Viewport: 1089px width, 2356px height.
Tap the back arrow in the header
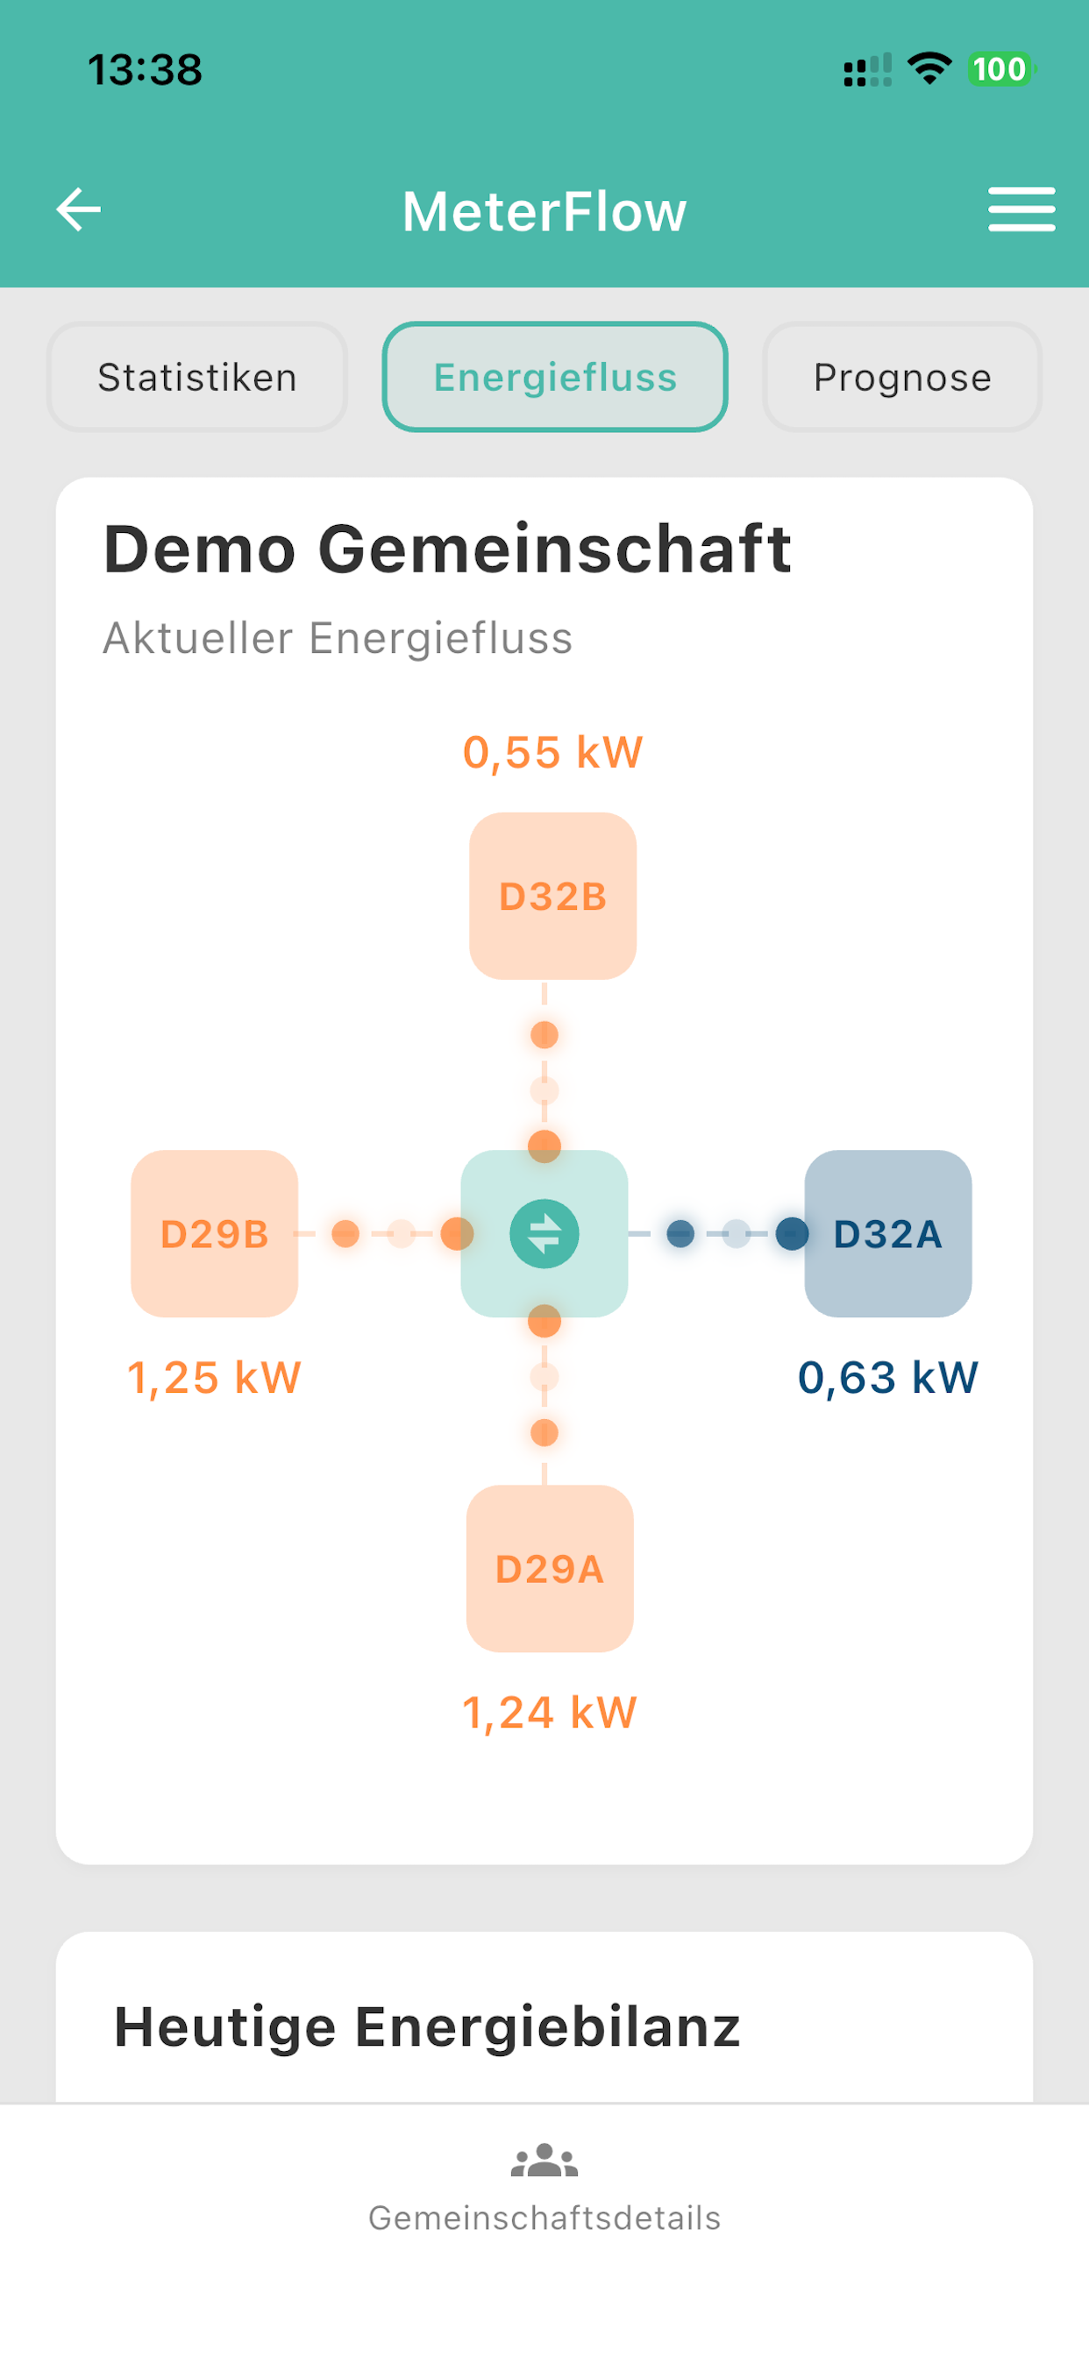[x=79, y=209]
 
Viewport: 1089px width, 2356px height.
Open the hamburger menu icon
[x=1021, y=209]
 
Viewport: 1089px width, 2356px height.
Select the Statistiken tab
[x=196, y=377]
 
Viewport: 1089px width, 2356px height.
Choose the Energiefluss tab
[x=554, y=377]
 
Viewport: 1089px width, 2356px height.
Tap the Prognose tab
[x=902, y=377]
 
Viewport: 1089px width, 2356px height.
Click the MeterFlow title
[x=544, y=211]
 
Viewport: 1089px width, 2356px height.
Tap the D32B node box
[x=552, y=897]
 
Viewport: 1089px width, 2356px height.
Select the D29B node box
[x=214, y=1234]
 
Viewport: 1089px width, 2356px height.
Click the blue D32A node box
[x=887, y=1234]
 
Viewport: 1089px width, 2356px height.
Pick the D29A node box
[x=550, y=1569]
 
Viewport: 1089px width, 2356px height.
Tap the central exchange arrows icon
[x=544, y=1234]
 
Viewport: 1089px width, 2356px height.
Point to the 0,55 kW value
[x=552, y=753]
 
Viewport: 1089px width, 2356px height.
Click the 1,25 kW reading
[x=214, y=1377]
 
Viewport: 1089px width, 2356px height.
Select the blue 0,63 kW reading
[x=887, y=1377]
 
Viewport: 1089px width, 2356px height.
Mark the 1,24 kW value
[x=549, y=1712]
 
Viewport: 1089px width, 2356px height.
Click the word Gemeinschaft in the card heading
[x=554, y=549]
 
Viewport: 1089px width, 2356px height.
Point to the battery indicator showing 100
[x=1000, y=69]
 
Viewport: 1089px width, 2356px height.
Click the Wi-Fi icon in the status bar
[x=929, y=68]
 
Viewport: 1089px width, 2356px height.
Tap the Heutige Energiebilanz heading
[x=426, y=2027]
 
